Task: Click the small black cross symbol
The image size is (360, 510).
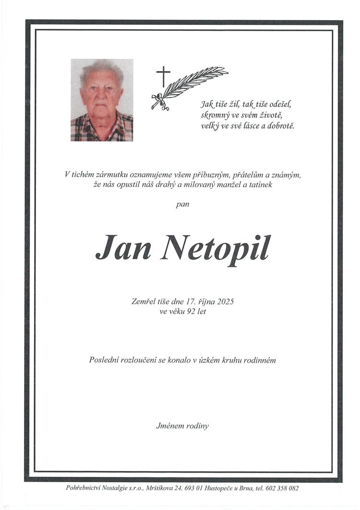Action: (x=163, y=76)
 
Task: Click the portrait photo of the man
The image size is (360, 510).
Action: (x=102, y=100)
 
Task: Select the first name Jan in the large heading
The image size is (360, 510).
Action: (x=124, y=248)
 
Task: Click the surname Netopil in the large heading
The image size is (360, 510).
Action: (x=216, y=249)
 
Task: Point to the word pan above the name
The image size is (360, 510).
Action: (x=183, y=204)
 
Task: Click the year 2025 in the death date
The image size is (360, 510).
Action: (x=225, y=302)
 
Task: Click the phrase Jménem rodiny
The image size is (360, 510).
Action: (x=182, y=426)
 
